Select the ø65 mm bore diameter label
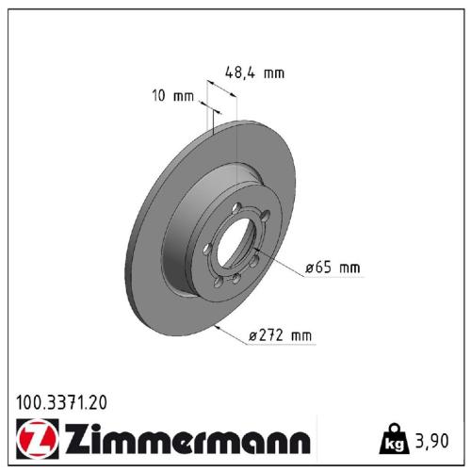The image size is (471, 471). [x=332, y=268]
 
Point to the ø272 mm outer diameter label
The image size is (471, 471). [x=281, y=335]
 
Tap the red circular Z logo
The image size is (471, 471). [x=35, y=440]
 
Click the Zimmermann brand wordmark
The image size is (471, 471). [x=184, y=440]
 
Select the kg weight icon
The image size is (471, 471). [x=393, y=439]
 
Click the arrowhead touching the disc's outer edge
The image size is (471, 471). [x=219, y=326]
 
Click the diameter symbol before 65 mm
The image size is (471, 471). [x=309, y=268]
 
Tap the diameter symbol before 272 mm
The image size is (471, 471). [x=252, y=335]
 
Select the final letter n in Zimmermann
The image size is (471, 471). [x=298, y=440]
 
